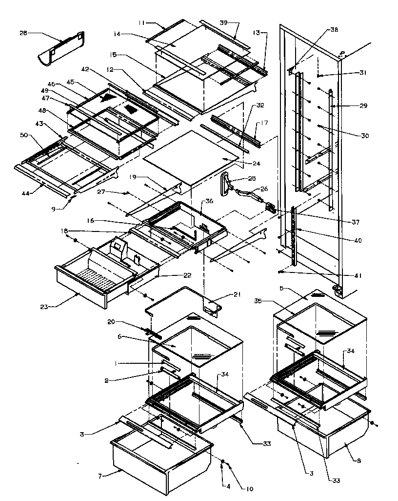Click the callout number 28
(x=23, y=33)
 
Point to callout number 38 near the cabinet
(x=334, y=30)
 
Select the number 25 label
(x=252, y=179)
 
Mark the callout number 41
(x=358, y=276)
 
